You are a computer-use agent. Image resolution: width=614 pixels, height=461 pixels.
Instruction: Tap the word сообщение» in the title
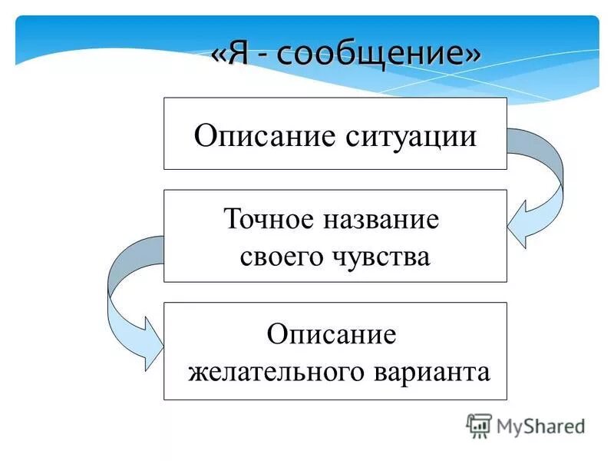(377, 55)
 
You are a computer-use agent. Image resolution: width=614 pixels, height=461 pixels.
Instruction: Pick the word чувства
(379, 256)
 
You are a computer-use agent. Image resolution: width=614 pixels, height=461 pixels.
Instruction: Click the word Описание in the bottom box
(332, 335)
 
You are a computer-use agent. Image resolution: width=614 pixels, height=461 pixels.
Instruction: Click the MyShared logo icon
(479, 426)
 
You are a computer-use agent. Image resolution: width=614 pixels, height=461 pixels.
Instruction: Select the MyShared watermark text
(540, 426)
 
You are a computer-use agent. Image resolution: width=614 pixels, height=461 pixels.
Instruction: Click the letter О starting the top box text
(203, 137)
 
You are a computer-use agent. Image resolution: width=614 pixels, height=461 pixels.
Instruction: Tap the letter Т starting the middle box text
(232, 220)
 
